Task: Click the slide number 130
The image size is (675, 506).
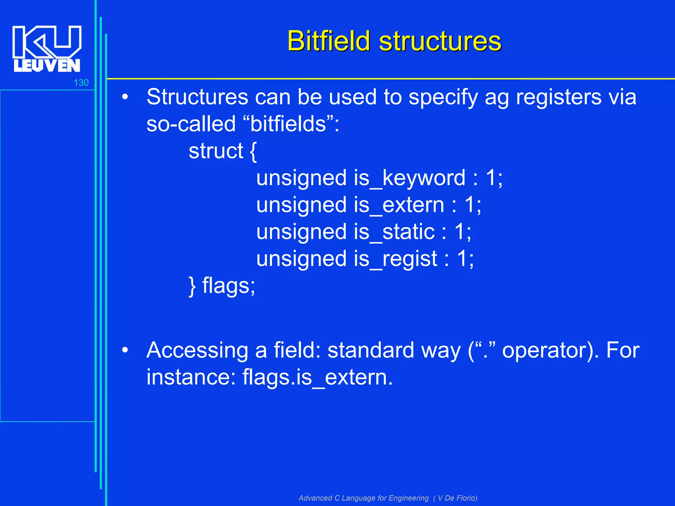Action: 81,83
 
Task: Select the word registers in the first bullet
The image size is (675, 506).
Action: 559,98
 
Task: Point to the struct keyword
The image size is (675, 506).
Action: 216,151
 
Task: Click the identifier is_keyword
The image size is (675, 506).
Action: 410,178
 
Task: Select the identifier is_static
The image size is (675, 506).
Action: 394,232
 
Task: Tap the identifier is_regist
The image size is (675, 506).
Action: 395,259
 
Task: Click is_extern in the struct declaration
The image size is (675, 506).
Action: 399,205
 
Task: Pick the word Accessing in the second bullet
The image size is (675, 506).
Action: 197,350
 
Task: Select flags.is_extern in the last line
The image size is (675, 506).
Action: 317,378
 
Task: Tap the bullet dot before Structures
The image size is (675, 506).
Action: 125,98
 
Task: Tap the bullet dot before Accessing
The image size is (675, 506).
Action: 125,350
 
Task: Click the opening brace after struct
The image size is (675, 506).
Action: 253,151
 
